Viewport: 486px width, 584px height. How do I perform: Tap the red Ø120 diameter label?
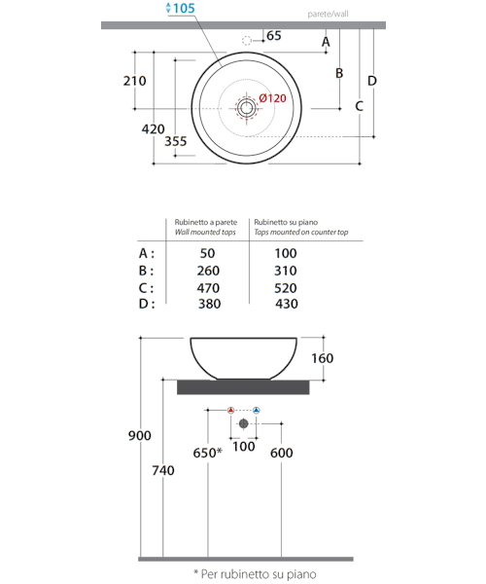[x=273, y=98]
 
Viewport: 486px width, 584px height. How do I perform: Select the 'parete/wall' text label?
[x=328, y=15]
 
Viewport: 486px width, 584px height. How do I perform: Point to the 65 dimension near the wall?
[x=274, y=36]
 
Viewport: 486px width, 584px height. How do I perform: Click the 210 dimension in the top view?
[x=134, y=81]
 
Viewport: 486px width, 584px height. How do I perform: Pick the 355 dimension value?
[x=176, y=141]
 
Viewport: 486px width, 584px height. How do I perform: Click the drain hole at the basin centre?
[x=246, y=108]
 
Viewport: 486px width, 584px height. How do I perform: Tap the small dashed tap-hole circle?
[x=247, y=41]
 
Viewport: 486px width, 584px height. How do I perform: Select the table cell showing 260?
[x=208, y=271]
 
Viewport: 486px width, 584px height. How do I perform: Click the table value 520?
[x=286, y=288]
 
